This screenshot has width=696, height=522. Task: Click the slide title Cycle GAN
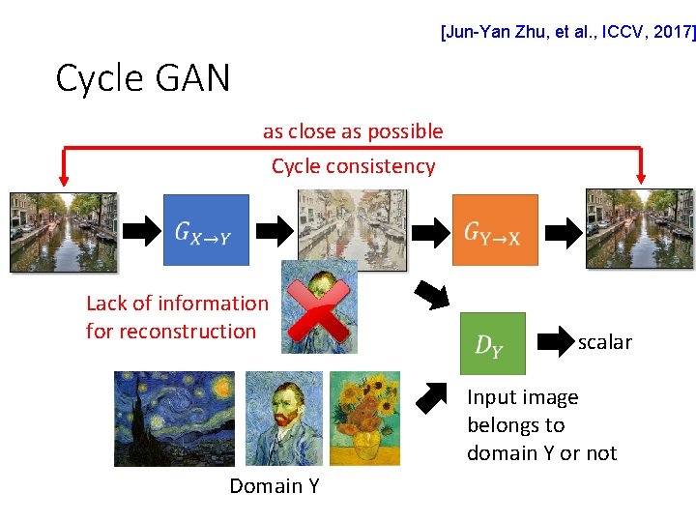(x=143, y=78)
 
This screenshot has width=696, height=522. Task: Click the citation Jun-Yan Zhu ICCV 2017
(x=566, y=32)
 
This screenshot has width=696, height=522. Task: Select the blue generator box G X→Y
(x=206, y=230)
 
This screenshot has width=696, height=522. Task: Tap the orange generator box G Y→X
(x=495, y=230)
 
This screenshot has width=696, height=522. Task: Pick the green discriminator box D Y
(x=492, y=343)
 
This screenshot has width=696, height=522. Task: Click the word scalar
(x=604, y=342)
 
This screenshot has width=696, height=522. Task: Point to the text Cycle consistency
(x=353, y=166)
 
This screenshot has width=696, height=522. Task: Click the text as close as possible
(x=353, y=131)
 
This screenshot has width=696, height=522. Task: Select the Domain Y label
(x=274, y=486)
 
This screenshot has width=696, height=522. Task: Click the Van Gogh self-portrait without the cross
(x=282, y=418)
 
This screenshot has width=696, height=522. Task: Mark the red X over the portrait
(x=320, y=307)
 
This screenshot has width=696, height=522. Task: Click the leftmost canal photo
(x=63, y=230)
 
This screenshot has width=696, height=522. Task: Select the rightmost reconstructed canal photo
(x=639, y=228)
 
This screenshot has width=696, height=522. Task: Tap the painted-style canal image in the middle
(x=352, y=227)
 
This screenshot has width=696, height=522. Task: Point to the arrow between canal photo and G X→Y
(x=142, y=229)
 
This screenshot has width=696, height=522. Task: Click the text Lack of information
(x=177, y=304)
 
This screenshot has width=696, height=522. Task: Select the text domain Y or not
(x=541, y=453)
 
